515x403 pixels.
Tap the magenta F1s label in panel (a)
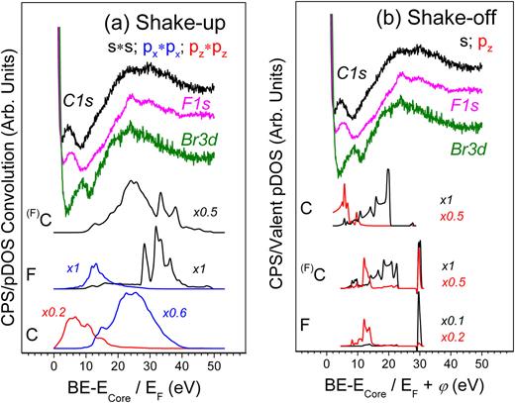pos(215,109)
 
